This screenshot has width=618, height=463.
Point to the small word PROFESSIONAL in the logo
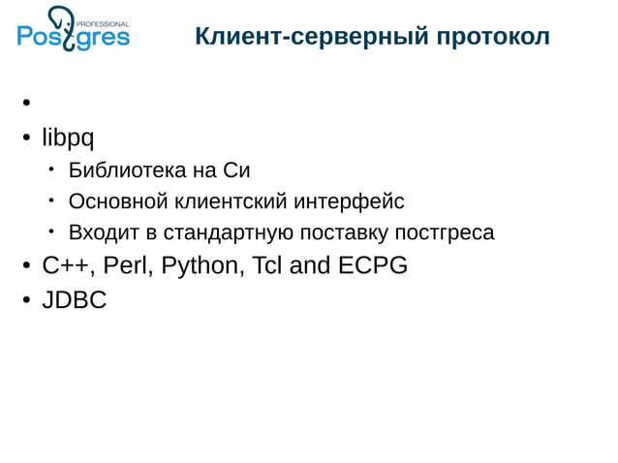coord(103,22)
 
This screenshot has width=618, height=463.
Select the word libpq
coord(68,139)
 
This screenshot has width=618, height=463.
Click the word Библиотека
coord(116,171)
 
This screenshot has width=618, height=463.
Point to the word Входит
coord(100,232)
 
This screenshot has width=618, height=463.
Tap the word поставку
coord(343,232)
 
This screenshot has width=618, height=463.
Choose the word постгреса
coord(446,232)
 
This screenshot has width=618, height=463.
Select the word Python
coord(201,265)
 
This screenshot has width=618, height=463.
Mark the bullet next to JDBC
coord(28,300)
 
